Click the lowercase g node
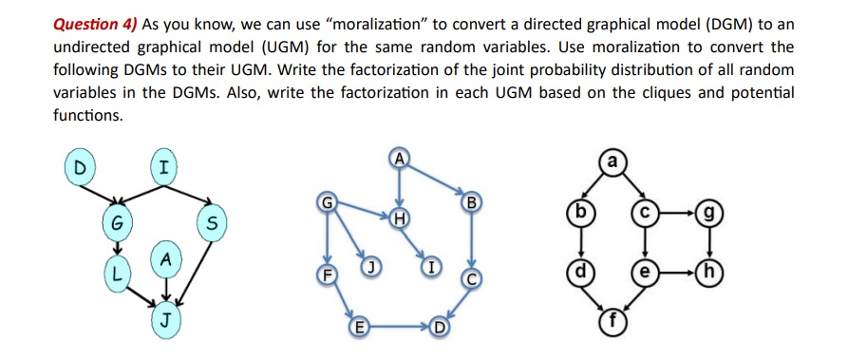(707, 213)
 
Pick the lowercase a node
(613, 162)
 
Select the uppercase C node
(471, 278)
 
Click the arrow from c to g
(675, 214)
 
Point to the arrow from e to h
(675, 271)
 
